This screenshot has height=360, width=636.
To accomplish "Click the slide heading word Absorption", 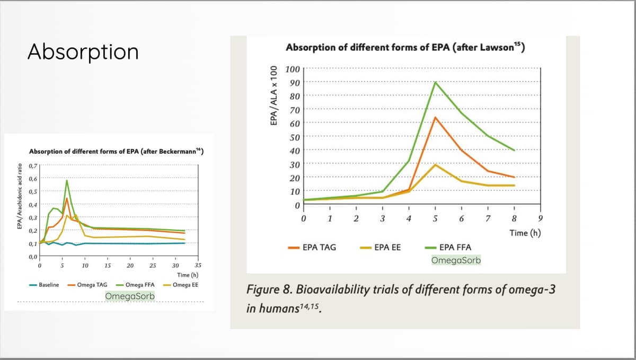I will [83, 52].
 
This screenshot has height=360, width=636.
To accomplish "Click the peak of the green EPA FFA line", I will [435, 82].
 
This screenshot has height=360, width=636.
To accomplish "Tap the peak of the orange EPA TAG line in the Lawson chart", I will [435, 117].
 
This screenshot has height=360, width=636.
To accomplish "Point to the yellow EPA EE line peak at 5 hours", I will [435, 164].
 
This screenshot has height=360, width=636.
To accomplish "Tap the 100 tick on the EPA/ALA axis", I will [293, 69].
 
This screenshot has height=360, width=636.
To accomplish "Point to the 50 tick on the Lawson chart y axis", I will [294, 137].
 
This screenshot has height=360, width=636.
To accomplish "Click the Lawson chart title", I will [405, 48].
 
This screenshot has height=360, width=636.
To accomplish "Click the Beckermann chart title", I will [116, 151].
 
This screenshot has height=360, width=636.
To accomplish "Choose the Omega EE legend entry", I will [185, 285].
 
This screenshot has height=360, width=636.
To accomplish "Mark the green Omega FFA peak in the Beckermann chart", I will [67, 180].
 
